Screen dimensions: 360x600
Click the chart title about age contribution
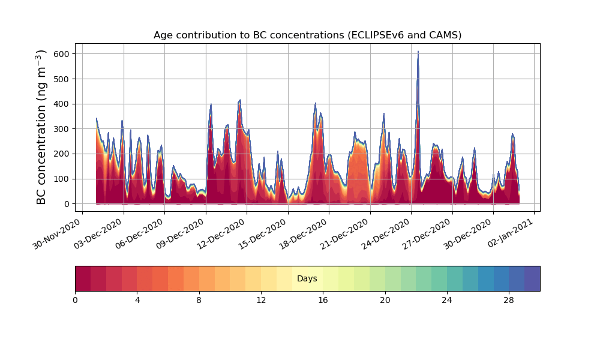coord(307,35)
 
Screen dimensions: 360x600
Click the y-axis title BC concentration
coord(41,127)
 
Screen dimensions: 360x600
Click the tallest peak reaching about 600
coord(418,53)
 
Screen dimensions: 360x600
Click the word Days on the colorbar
coord(307,279)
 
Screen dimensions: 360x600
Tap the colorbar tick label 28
coord(509,300)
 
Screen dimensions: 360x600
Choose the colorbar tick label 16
coord(323,300)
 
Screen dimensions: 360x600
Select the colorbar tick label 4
coord(137,300)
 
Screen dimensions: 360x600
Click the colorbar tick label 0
coord(75,300)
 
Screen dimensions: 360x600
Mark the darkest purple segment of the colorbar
coord(532,278)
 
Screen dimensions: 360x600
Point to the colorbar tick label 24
coord(447,300)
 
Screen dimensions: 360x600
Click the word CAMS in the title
coord(445,35)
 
